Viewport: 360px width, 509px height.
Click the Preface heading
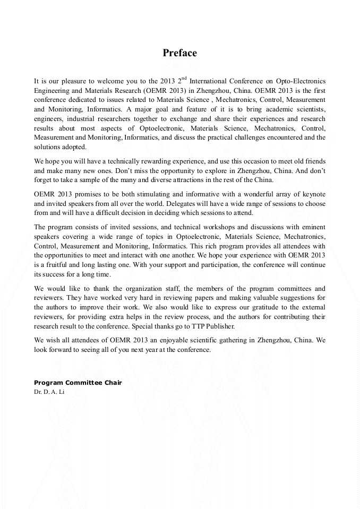pos(179,53)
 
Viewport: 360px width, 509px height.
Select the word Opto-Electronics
pos(300,81)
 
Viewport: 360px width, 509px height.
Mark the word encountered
pos(289,137)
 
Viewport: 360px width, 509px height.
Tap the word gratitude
pos(250,307)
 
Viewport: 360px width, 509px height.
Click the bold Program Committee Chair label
pos(78,382)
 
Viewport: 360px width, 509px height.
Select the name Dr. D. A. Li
pos(49,392)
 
